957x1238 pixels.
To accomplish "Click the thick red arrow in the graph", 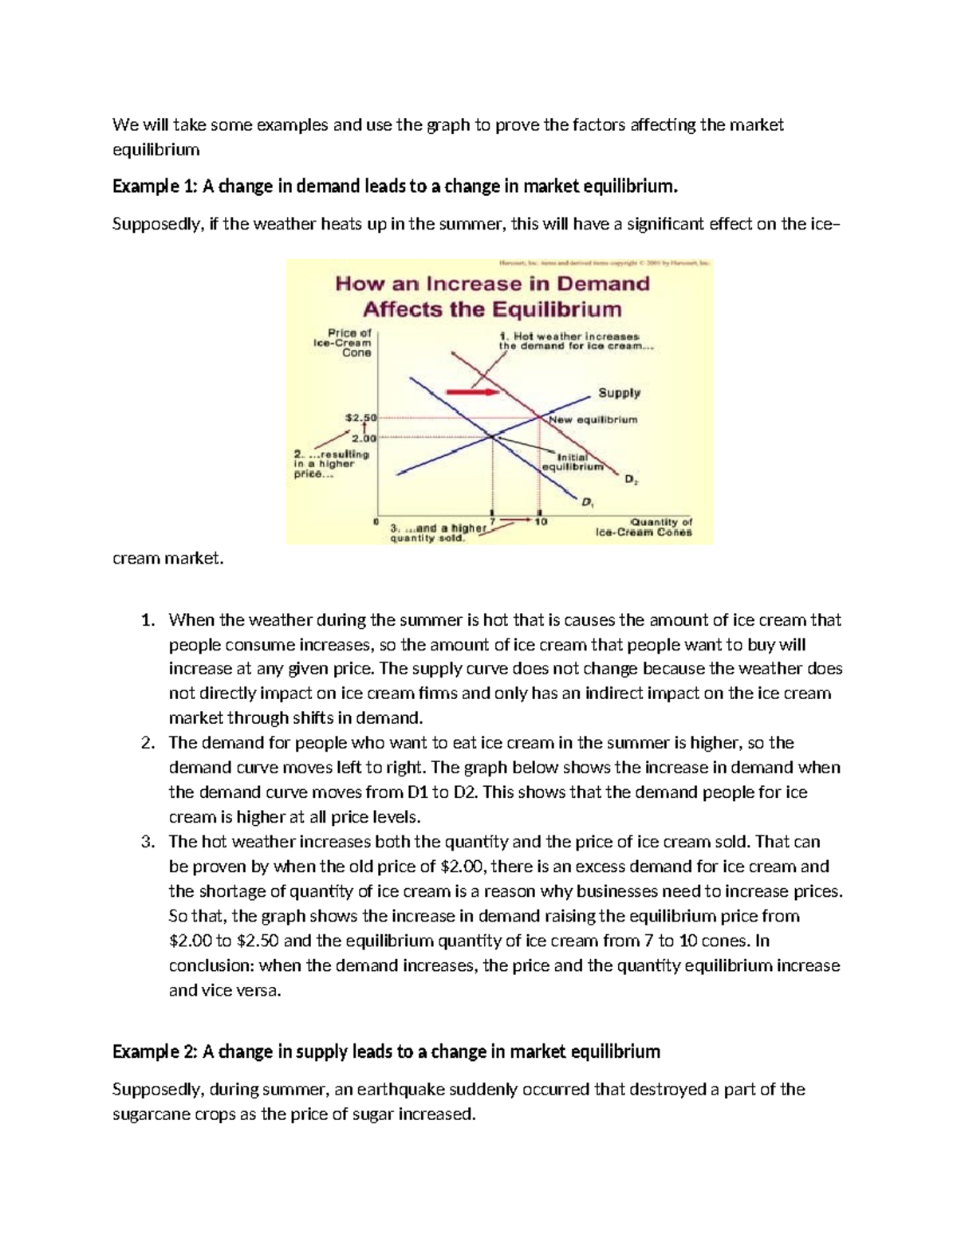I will (x=472, y=392).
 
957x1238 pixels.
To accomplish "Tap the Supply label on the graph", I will (x=619, y=392).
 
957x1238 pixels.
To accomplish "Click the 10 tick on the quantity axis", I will (x=541, y=521).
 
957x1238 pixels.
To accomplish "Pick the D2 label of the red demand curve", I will (x=630, y=480).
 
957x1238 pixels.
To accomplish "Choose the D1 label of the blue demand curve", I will (x=587, y=502).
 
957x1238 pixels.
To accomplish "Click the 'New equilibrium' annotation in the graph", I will (x=593, y=419).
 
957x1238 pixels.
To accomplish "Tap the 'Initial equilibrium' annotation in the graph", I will (x=572, y=462).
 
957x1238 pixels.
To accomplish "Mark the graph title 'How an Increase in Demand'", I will (x=492, y=283).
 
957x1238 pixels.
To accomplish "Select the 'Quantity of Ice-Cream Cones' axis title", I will (x=644, y=527).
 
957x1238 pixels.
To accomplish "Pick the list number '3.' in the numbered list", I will (x=147, y=842).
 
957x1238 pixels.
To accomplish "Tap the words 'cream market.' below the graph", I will (x=168, y=559).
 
